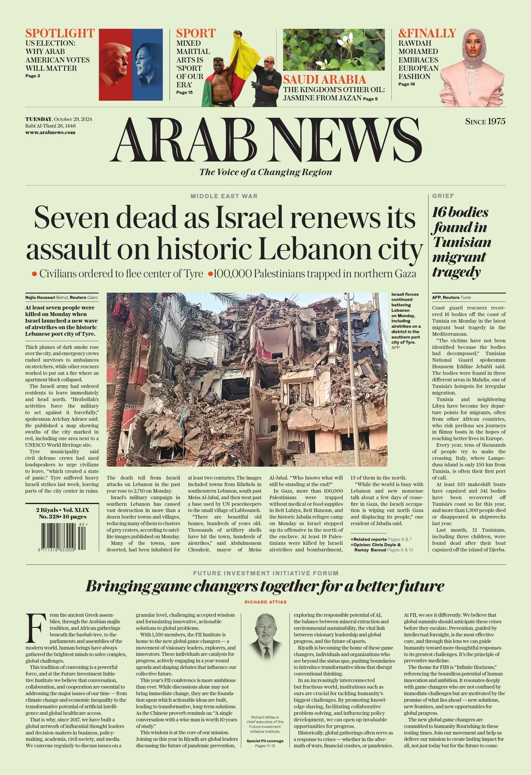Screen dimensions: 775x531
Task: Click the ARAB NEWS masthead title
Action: click(x=266, y=140)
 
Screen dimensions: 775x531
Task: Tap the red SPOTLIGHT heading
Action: click(x=60, y=33)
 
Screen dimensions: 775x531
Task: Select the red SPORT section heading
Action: click(x=196, y=33)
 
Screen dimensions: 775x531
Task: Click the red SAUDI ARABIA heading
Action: click(x=325, y=79)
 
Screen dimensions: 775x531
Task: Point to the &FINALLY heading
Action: click(x=427, y=33)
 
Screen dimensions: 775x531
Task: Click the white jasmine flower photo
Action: click(x=334, y=50)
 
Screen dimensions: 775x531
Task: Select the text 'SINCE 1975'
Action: click(x=485, y=121)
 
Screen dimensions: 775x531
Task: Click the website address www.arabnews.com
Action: click(x=50, y=132)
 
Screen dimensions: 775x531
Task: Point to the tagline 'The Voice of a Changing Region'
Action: click(x=265, y=172)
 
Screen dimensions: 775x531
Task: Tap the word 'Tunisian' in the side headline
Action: click(x=462, y=242)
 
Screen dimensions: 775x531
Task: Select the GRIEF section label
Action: click(x=443, y=196)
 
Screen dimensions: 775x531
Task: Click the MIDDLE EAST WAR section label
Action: click(x=224, y=196)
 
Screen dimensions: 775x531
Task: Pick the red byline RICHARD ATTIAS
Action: click(x=265, y=602)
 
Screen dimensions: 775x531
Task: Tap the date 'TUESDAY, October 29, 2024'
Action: click(x=59, y=119)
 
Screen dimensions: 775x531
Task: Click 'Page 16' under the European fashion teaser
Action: click(x=406, y=84)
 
